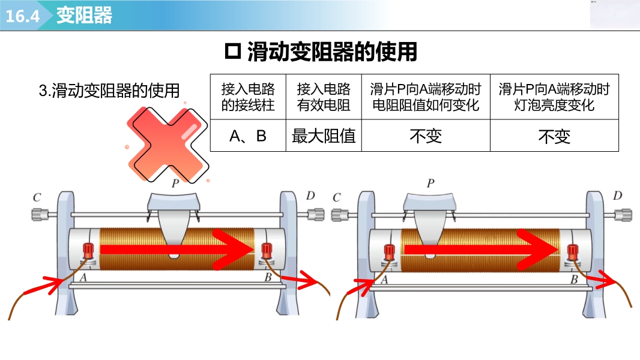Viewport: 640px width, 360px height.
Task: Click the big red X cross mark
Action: click(169, 143)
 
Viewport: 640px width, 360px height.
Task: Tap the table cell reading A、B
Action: click(248, 136)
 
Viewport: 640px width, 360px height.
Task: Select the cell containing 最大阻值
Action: click(324, 136)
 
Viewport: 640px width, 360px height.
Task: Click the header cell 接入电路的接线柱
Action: click(248, 97)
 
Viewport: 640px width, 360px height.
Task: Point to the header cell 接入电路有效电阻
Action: click(324, 97)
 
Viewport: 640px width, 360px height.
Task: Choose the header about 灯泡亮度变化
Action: click(554, 97)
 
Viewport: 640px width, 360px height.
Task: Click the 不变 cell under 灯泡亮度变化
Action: click(554, 137)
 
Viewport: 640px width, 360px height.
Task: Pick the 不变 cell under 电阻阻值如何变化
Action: click(426, 137)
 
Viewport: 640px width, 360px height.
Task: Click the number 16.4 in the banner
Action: click(22, 16)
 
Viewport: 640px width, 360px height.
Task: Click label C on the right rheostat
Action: click(336, 197)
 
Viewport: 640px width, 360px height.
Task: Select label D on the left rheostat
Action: click(310, 196)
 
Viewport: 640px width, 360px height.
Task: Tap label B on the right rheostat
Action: click(574, 279)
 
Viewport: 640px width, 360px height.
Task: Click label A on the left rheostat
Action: click(83, 277)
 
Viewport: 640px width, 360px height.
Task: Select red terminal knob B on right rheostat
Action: click(572, 251)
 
